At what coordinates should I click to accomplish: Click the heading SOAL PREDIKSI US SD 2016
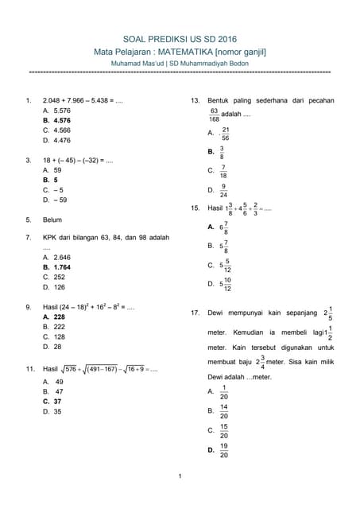[180, 38]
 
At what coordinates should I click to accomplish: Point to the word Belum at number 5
[53, 219]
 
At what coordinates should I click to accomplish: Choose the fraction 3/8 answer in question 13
[222, 151]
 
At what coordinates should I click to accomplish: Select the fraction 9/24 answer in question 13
[223, 190]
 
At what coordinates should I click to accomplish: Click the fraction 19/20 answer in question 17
[223, 450]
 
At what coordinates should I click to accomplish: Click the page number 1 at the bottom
[180, 476]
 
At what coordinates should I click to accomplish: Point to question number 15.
[195, 208]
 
